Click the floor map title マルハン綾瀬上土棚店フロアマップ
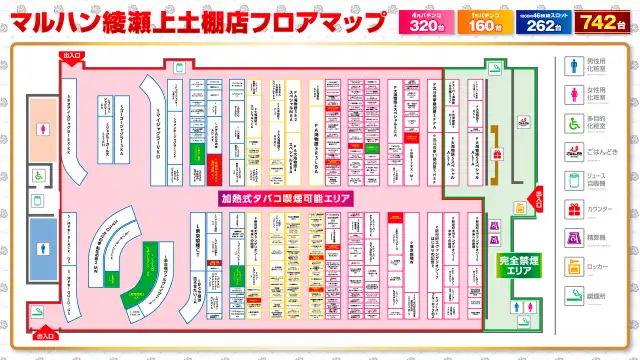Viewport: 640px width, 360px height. point(196,20)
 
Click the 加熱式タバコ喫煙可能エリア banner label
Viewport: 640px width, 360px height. point(287,199)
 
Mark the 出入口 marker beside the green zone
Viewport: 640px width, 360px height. point(531,197)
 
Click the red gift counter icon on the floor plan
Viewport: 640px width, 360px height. point(497,154)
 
